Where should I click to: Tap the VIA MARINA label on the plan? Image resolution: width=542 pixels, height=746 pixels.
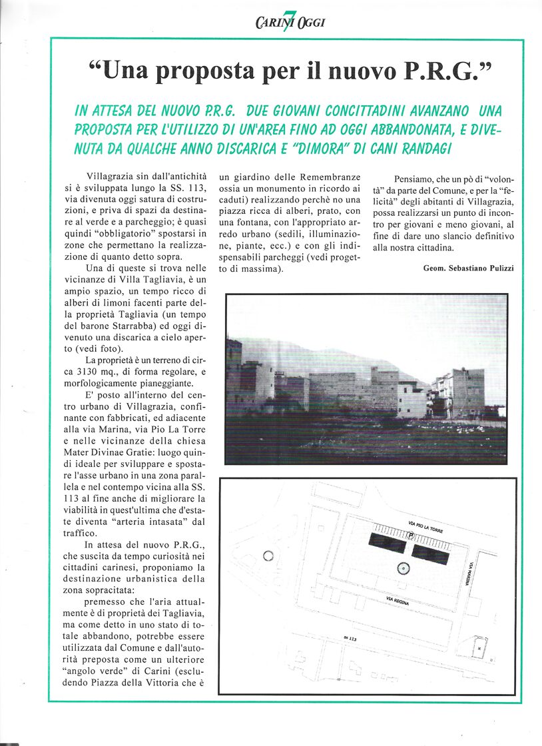470,572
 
